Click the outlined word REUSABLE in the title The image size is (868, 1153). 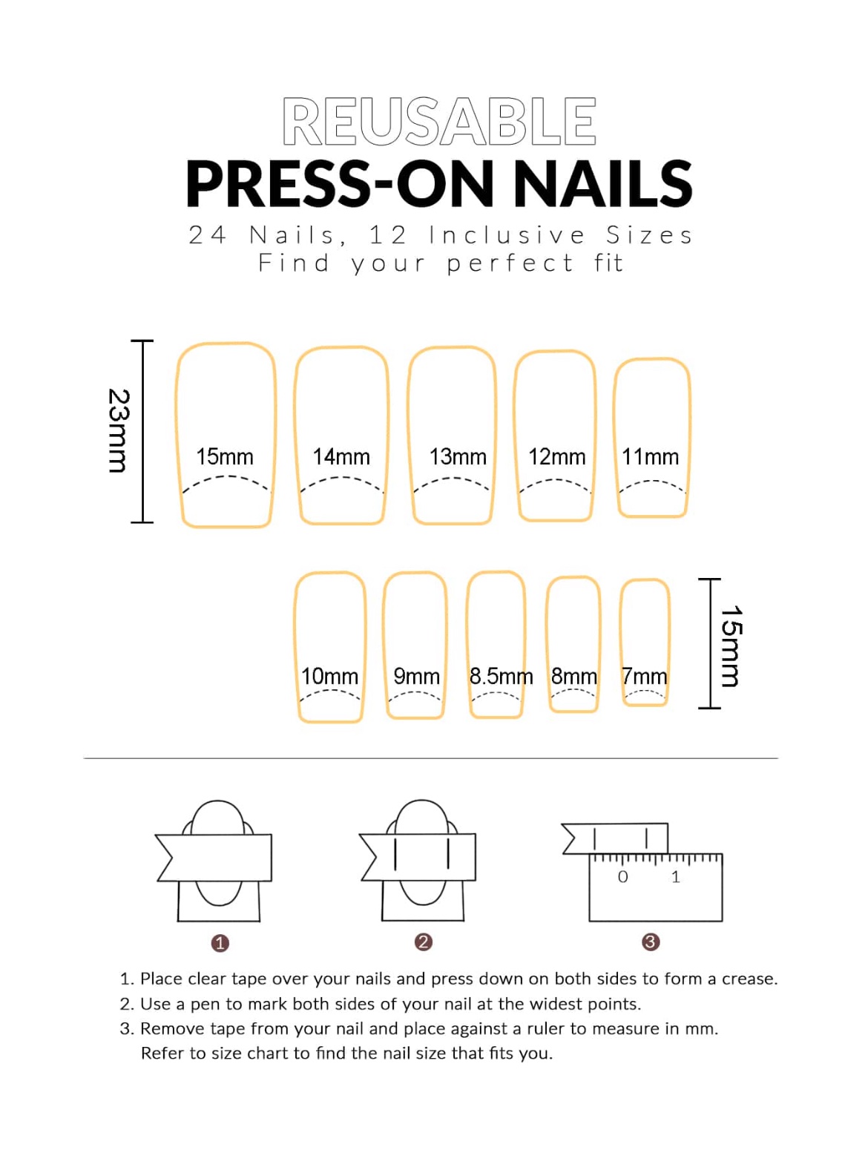click(438, 121)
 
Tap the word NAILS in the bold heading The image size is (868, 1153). click(602, 184)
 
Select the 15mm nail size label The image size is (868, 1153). click(224, 456)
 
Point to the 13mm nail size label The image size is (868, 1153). click(457, 456)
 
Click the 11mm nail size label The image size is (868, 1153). click(650, 456)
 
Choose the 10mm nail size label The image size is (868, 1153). click(329, 676)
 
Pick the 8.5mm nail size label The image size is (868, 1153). click(501, 676)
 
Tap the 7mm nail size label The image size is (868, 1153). click(644, 676)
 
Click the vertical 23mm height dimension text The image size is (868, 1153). click(119, 430)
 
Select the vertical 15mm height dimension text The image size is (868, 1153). click(731, 646)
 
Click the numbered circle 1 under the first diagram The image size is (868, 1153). click(220, 942)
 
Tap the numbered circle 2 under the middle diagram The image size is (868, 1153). click(423, 942)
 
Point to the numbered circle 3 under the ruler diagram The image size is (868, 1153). click(650, 942)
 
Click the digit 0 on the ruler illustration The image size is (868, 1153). click(622, 877)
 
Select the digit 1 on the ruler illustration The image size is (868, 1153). click(675, 877)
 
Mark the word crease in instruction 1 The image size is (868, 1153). click(749, 979)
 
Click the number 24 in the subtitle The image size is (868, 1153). click(207, 234)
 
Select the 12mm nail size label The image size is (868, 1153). click(556, 456)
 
